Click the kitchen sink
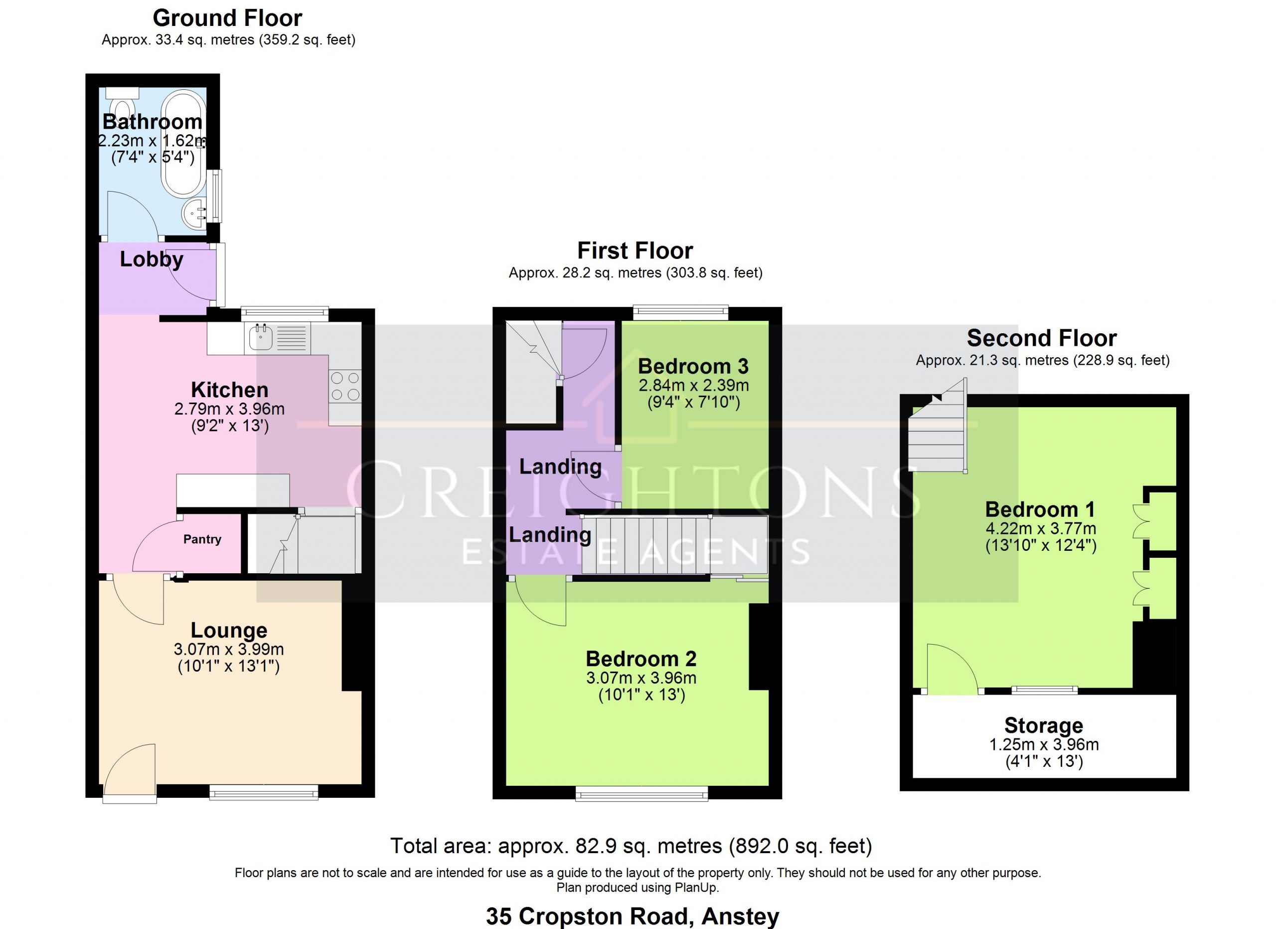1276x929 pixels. [261, 337]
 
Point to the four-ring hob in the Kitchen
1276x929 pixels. [345, 386]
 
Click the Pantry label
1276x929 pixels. [202, 539]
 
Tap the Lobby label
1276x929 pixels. [152, 259]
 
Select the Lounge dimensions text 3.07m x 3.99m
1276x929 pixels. [228, 649]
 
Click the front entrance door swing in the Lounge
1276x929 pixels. [130, 771]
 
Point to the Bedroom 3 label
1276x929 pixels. [693, 367]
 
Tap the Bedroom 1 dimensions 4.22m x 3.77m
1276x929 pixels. [1041, 529]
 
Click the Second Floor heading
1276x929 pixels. [1042, 338]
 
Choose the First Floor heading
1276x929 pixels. [635, 250]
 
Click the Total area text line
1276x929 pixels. [631, 846]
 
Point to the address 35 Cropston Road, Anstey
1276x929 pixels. [633, 916]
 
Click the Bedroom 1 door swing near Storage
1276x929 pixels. [953, 668]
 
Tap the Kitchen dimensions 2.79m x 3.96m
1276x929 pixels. [230, 409]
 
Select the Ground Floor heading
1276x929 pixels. [227, 18]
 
